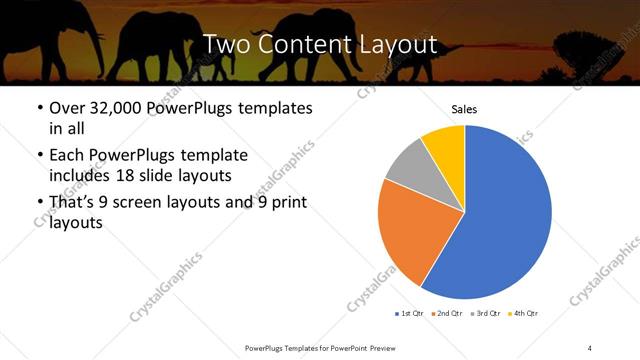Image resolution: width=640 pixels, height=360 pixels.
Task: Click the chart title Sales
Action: click(x=465, y=108)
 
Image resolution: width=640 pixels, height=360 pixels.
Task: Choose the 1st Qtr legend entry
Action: click(x=409, y=314)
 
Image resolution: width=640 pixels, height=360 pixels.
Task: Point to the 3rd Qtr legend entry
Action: click(x=485, y=314)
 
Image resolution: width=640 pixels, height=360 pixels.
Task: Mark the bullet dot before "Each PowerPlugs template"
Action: click(x=38, y=156)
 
